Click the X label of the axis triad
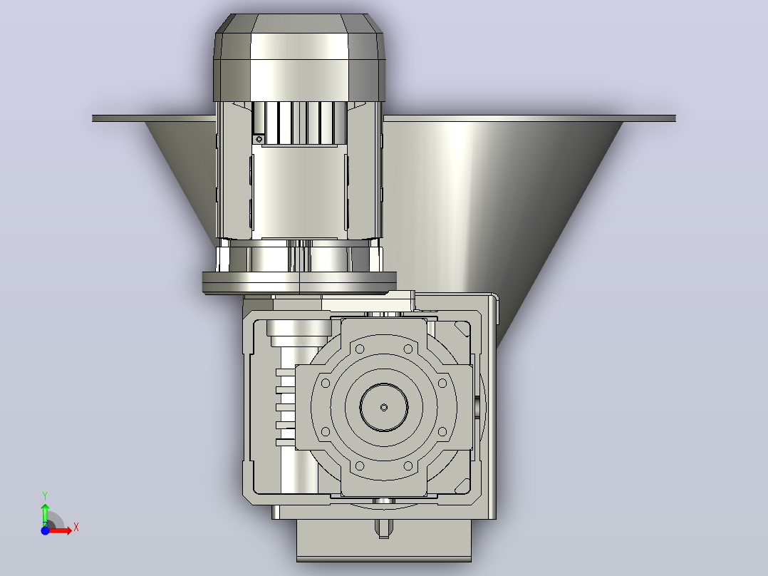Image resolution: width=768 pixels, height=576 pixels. click(76, 528)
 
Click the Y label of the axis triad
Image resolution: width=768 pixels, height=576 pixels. click(45, 496)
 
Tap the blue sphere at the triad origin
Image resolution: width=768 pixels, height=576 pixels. click(45, 530)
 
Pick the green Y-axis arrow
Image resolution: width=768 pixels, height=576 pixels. click(45, 514)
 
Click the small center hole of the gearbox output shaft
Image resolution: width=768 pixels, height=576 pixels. click(384, 407)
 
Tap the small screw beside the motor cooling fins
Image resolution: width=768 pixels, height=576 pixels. click(259, 139)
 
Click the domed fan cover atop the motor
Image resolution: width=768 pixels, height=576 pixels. click(299, 57)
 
